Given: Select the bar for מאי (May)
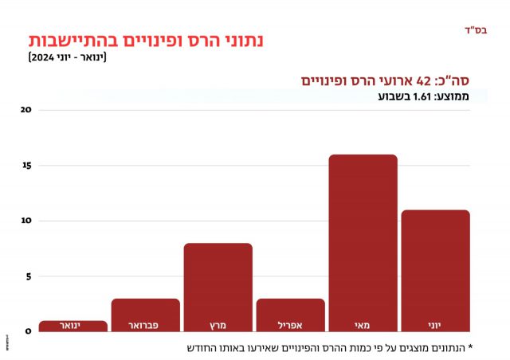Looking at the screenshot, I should (x=363, y=239).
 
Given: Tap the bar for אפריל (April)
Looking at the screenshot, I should (x=290, y=311).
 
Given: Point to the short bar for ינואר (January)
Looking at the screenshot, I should (x=73, y=325).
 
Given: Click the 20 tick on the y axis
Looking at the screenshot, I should (x=25, y=110).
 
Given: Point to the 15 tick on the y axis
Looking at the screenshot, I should (x=25, y=166).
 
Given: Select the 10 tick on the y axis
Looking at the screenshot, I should (x=25, y=221).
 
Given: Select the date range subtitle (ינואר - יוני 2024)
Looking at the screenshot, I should (x=73, y=58).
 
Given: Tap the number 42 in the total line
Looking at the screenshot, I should (x=423, y=81).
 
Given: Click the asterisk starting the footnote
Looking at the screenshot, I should (x=470, y=347).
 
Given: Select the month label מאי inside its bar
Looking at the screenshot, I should (x=363, y=325).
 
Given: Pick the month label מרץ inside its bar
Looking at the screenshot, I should (x=218, y=325).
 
